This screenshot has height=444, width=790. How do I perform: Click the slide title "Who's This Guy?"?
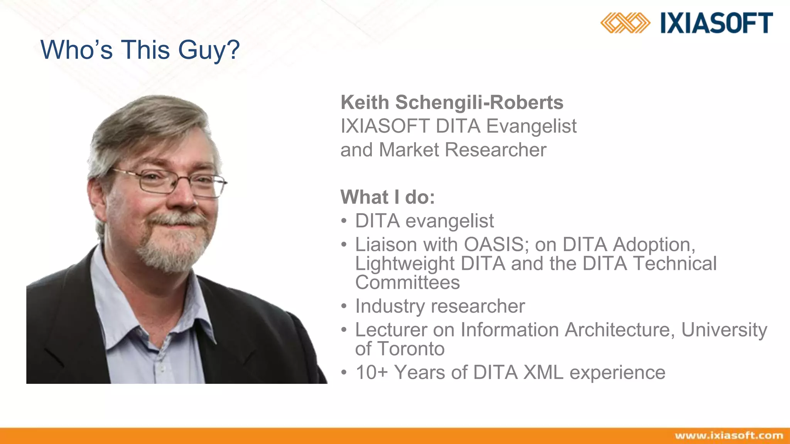140,50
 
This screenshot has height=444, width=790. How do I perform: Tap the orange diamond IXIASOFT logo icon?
625,23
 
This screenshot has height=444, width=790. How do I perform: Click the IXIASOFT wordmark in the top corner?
716,23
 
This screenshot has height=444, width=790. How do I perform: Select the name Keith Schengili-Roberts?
452,103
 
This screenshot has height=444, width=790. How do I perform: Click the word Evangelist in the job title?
531,126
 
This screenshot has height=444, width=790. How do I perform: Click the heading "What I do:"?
388,197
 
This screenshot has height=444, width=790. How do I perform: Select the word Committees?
407,283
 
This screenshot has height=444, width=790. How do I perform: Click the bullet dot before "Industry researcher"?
344,307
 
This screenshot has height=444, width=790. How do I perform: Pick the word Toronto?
411,349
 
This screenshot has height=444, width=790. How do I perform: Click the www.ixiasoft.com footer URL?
729,436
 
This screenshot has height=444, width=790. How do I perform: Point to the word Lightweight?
405,264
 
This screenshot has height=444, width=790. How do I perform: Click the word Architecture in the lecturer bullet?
620,330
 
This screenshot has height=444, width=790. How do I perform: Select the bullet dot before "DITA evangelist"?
344,222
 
